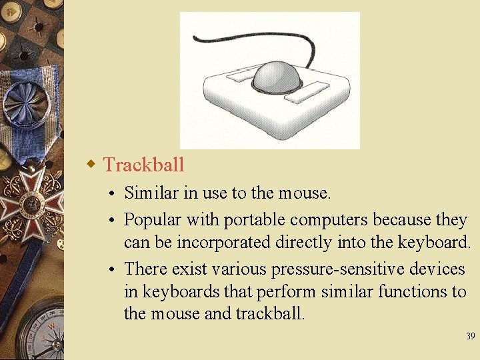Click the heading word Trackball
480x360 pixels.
(144, 164)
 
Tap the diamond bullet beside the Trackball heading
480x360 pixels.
(94, 163)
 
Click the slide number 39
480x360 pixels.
(470, 337)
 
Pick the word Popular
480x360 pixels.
(153, 220)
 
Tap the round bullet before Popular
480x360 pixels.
(115, 221)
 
